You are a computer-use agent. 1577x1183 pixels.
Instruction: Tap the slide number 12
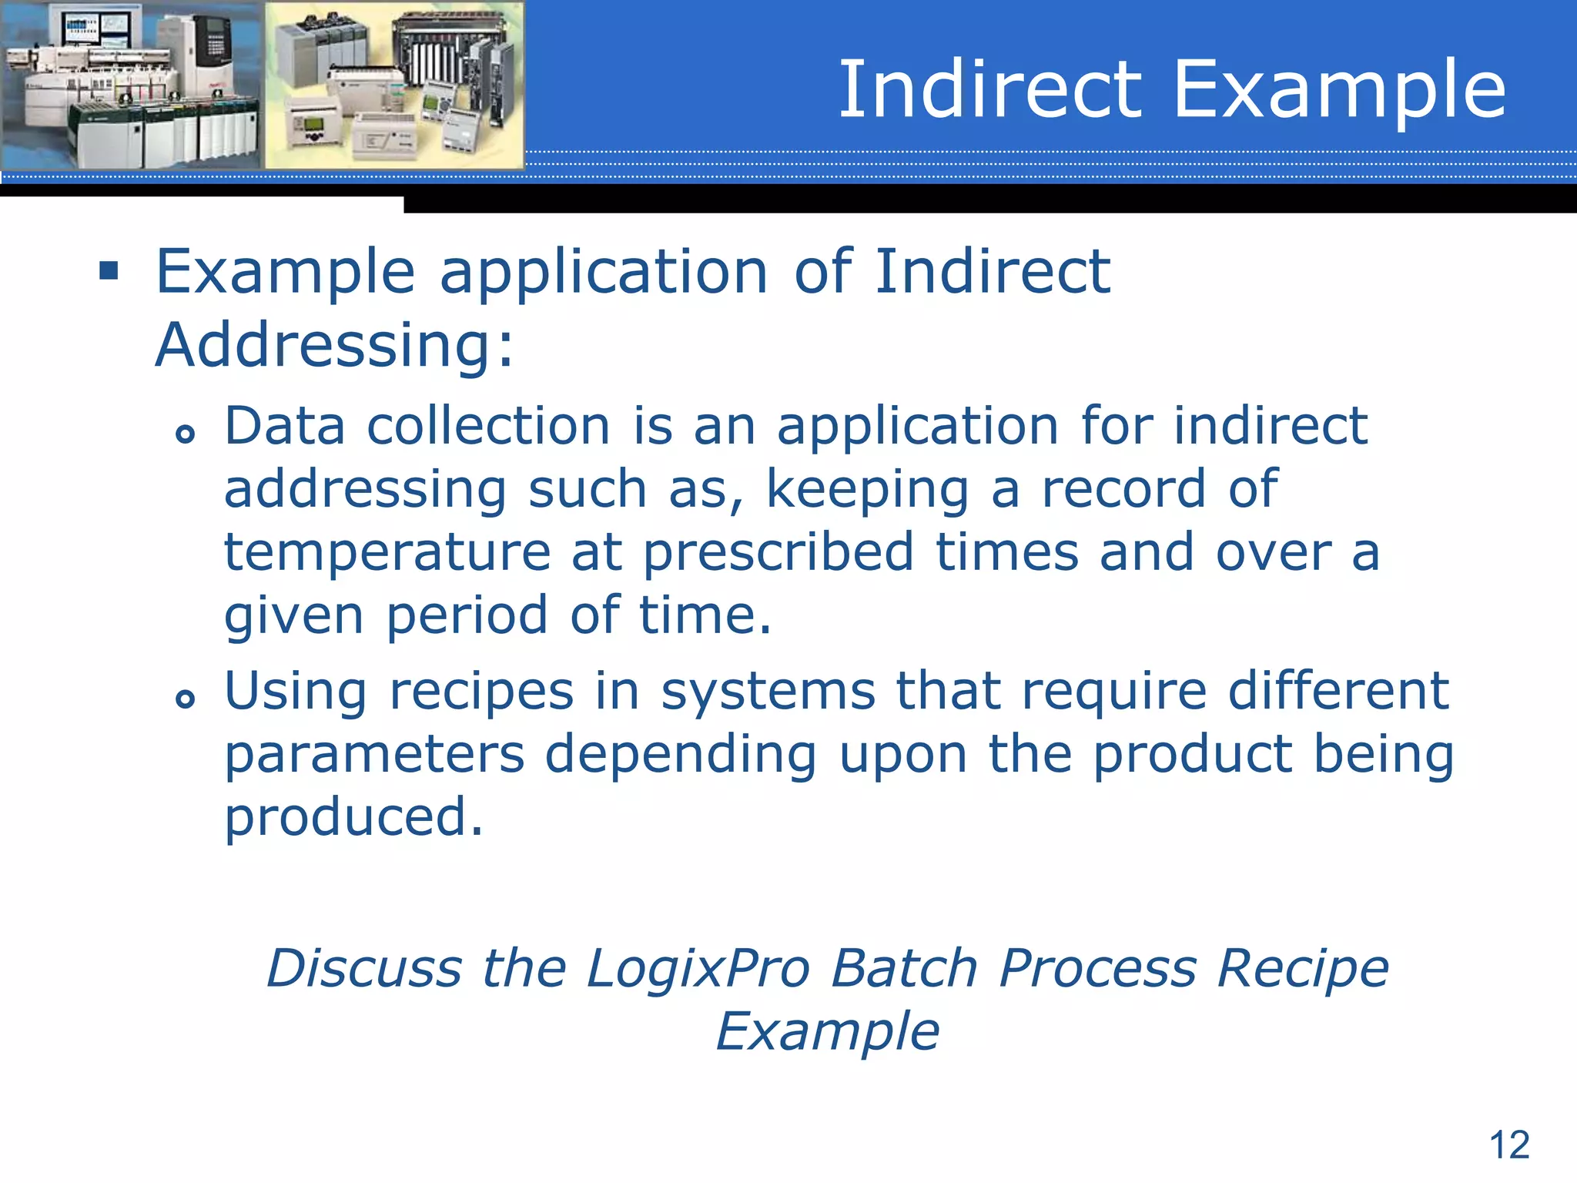tap(1509, 1144)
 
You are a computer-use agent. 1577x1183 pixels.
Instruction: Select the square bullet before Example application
tap(109, 271)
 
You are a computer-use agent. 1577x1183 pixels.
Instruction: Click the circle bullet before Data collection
tap(185, 434)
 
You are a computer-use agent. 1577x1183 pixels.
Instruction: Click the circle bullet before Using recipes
tap(185, 699)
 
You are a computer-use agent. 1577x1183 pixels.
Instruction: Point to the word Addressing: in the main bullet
tap(333, 345)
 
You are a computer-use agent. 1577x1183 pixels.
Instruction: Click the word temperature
tap(387, 553)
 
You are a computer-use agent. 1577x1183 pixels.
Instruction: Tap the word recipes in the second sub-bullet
tap(481, 692)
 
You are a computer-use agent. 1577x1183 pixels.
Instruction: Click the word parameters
tap(374, 755)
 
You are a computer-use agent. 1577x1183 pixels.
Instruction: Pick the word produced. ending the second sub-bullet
tap(353, 818)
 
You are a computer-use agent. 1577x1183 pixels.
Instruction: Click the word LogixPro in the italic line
tap(698, 968)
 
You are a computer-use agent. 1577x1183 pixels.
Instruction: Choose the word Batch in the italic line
tap(905, 968)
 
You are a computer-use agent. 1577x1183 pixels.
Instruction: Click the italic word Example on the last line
tap(828, 1032)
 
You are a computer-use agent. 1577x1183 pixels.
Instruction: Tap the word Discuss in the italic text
tap(363, 968)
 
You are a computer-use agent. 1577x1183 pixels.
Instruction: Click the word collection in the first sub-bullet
tap(488, 426)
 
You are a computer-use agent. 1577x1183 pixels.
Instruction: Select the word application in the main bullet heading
tap(604, 273)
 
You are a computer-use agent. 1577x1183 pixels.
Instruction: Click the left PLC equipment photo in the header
tap(131, 85)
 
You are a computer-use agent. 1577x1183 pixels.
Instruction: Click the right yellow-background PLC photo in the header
tap(394, 85)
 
